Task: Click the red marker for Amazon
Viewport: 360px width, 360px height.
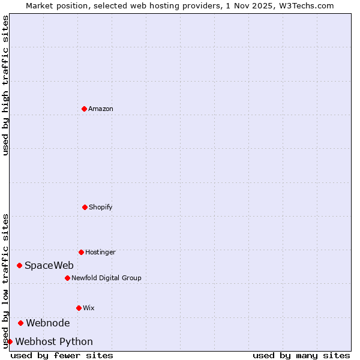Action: (84, 109)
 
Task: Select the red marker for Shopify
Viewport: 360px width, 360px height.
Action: (85, 207)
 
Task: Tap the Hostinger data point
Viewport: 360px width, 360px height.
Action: (81, 252)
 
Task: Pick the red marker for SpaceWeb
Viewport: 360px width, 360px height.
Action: (19, 265)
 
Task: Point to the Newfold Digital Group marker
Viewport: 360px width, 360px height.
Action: (67, 278)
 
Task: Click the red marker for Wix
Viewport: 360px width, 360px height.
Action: (79, 308)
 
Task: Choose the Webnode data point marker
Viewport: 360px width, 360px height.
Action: (20, 323)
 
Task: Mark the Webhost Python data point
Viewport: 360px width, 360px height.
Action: (10, 341)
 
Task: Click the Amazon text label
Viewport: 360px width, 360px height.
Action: (101, 109)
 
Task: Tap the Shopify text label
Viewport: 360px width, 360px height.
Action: (101, 207)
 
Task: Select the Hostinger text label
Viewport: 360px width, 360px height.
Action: (100, 252)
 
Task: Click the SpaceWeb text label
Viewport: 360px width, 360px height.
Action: (49, 265)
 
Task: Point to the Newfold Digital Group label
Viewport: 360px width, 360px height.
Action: (106, 278)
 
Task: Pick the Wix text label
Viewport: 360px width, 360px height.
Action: (89, 308)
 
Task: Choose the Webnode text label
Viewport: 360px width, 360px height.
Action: (48, 323)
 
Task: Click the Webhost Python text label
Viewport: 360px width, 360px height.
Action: (54, 341)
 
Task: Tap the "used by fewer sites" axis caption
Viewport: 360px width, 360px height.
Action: (62, 355)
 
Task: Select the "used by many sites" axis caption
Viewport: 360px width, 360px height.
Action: (301, 355)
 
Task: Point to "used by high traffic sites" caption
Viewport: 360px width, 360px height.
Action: (5, 85)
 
